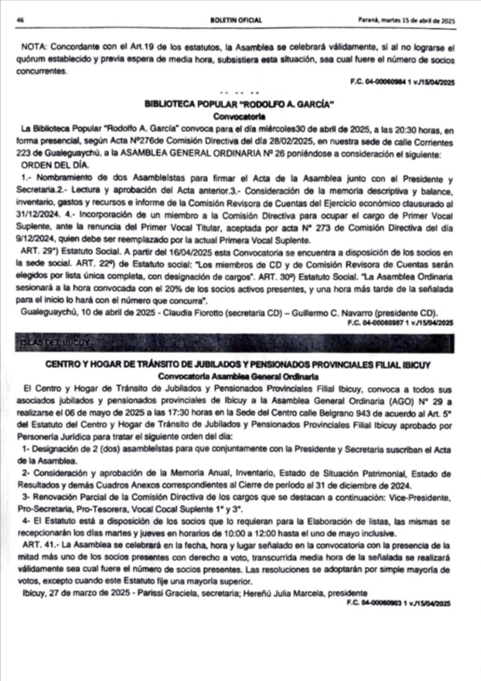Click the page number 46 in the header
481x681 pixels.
(20, 20)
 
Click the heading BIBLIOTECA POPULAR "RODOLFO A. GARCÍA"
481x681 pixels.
(239, 104)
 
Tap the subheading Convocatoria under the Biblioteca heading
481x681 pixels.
(239, 116)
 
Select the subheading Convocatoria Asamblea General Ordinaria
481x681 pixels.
(239, 375)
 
